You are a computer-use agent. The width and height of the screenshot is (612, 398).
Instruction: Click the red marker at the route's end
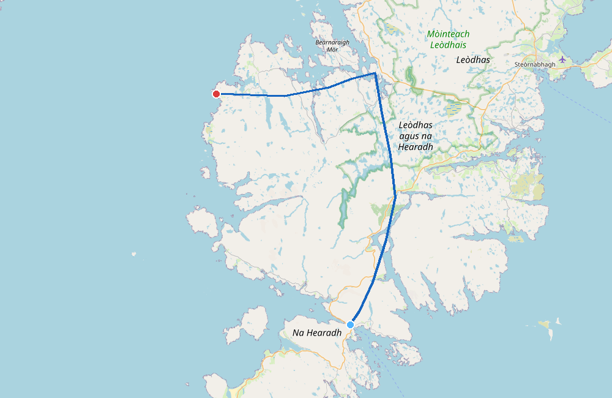[216, 94]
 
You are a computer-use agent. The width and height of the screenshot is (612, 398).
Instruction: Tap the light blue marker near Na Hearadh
[350, 325]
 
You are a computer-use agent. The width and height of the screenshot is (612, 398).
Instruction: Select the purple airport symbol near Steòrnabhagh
[562, 60]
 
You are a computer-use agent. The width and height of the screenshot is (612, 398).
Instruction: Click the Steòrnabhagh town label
[535, 64]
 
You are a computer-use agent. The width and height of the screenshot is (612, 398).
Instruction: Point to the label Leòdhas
[473, 60]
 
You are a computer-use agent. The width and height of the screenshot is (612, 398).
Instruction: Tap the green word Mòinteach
[449, 34]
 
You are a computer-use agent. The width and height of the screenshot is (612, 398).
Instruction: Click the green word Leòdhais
[449, 45]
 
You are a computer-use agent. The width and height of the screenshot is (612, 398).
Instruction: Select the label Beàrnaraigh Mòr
[332, 45]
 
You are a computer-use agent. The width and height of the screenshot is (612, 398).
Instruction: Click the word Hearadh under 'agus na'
[416, 147]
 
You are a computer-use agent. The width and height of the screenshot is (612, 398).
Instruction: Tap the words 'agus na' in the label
[416, 136]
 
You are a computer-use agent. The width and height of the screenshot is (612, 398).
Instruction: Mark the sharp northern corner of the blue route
[375, 73]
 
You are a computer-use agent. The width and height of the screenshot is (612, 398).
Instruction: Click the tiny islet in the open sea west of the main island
[133, 253]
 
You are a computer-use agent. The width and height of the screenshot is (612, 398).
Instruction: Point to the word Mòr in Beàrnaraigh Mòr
[332, 50]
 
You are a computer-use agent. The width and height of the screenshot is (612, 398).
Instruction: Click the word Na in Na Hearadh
[299, 332]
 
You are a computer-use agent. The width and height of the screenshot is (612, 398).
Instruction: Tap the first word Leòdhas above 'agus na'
[416, 125]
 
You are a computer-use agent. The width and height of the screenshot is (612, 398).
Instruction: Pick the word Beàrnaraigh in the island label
[332, 42]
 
